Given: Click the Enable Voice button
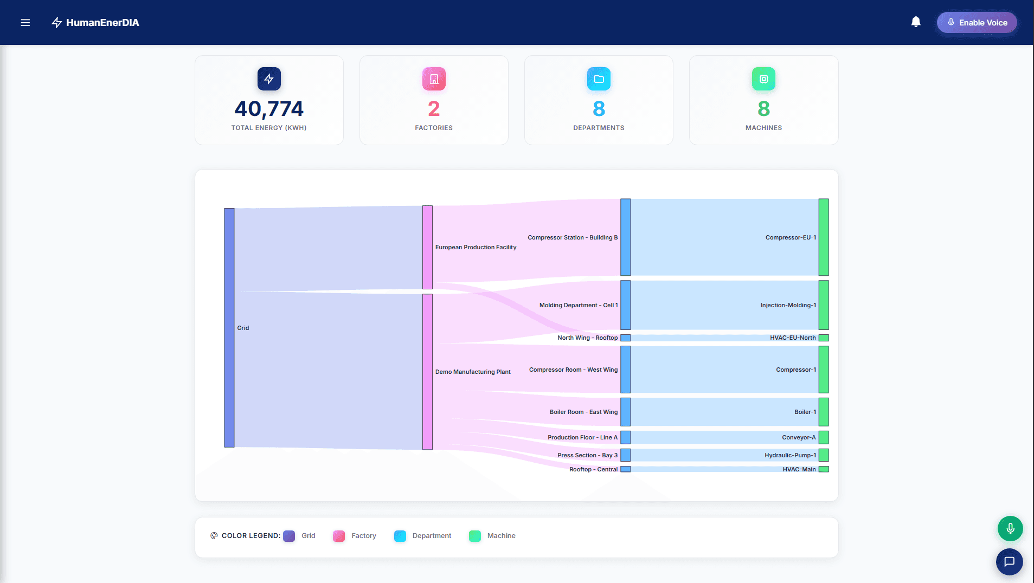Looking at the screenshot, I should click(x=977, y=23).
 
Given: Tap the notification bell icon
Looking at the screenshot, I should click(x=916, y=22).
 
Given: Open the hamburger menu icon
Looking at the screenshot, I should click(x=25, y=23).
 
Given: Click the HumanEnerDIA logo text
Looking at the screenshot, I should click(x=102, y=23).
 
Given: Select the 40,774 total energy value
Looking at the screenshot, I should click(x=269, y=109).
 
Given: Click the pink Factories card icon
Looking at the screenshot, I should click(x=434, y=79).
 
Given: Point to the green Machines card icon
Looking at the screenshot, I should click(x=763, y=79).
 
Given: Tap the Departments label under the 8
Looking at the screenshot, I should click(x=599, y=128).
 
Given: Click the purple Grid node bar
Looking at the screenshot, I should click(x=229, y=327).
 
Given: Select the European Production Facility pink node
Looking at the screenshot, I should click(x=427, y=247).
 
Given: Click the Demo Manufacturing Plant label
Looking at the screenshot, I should click(x=473, y=372).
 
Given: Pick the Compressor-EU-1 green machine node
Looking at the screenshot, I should click(x=823, y=237).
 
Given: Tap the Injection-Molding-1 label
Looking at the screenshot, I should click(x=788, y=305).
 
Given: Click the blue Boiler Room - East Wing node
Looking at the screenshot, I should click(x=625, y=412).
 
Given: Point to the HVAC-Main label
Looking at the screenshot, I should click(x=799, y=469).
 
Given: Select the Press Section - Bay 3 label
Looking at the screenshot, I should click(x=587, y=455).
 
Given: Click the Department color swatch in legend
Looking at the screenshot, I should click(x=400, y=536).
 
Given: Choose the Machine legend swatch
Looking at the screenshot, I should click(x=475, y=536).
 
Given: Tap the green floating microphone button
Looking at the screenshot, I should click(x=1010, y=528).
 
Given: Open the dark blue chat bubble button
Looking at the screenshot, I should click(x=1009, y=561).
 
